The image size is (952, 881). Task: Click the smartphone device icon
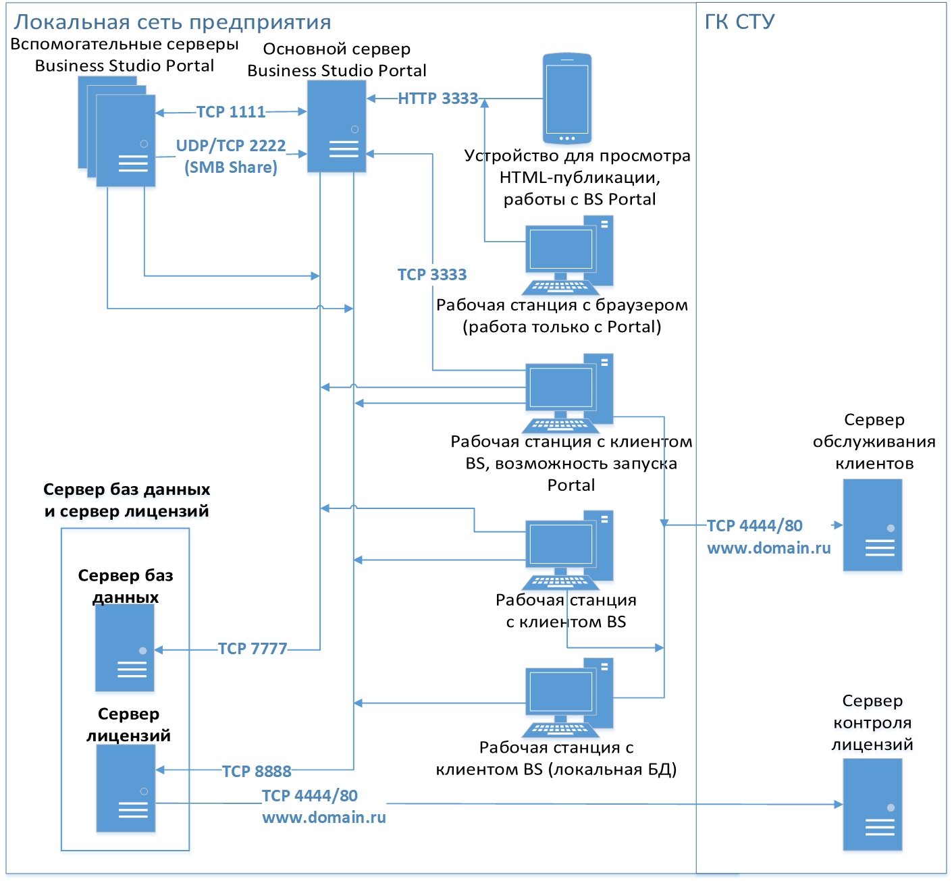[567, 99]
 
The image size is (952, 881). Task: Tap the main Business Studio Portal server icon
[336, 126]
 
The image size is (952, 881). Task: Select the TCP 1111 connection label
[231, 112]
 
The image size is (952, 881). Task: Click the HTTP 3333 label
[438, 99]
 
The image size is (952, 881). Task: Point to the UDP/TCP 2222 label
[231, 146]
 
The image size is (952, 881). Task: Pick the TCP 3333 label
[432, 275]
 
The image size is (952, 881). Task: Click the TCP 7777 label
[253, 649]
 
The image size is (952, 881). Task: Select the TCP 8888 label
[257, 771]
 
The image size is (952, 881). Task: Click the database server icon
[125, 648]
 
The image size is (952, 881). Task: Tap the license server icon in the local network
[126, 789]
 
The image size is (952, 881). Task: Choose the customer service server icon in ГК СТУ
[872, 525]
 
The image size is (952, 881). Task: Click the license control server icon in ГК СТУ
[872, 804]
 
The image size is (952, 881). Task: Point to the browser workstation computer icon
[568, 255]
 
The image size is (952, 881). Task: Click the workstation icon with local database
[568, 698]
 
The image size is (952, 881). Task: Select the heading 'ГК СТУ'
[739, 22]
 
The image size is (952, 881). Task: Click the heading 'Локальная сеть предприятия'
[172, 22]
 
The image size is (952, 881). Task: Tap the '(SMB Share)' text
[231, 167]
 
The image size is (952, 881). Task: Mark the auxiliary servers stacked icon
[117, 132]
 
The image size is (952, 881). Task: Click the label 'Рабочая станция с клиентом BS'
[566, 611]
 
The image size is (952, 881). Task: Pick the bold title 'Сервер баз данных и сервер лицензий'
[126, 500]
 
